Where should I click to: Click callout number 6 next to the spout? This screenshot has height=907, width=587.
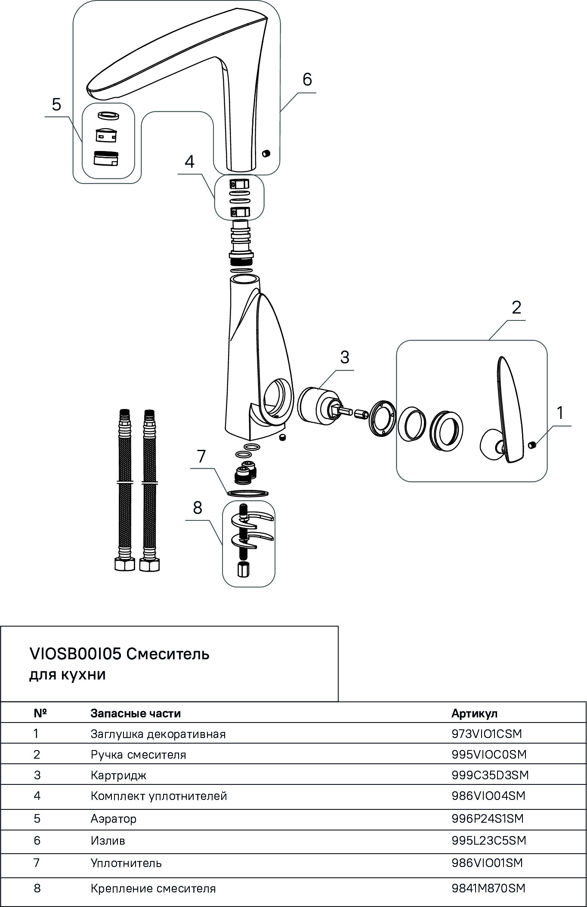point(307,80)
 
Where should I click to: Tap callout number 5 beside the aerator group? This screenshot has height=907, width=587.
point(56,105)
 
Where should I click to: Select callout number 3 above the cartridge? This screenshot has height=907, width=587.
point(345,357)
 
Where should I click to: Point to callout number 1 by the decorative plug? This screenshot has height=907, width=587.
point(560,413)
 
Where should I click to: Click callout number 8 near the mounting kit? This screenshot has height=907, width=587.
point(198,508)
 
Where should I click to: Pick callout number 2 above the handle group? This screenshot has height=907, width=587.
point(516,307)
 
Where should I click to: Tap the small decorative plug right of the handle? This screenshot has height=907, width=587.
point(532,444)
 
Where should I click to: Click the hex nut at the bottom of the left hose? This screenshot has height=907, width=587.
point(125,564)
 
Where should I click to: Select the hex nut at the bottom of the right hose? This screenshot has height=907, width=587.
point(149,564)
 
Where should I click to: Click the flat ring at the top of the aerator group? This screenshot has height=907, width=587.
point(109,116)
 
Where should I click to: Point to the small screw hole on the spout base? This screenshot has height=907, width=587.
point(266,153)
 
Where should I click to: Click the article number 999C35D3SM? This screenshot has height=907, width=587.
point(490,775)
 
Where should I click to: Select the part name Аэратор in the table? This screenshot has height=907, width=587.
point(113,818)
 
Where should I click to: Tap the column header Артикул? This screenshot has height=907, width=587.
point(474,713)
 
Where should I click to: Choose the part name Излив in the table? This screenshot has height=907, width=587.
point(108,840)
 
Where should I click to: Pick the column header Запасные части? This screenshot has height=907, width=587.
point(136,713)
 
